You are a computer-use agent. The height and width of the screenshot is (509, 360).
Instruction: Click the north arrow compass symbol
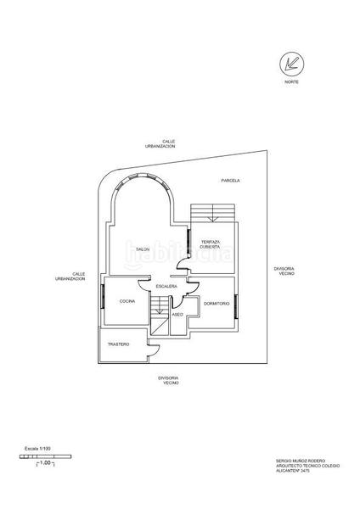tap(291, 63)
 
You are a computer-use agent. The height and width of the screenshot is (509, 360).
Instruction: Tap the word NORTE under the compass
tap(291, 82)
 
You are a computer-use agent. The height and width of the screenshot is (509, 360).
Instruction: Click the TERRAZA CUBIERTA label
tap(211, 244)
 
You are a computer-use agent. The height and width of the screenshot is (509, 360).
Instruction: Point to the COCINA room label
tap(127, 302)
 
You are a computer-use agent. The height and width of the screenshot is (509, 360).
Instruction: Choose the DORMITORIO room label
tap(217, 303)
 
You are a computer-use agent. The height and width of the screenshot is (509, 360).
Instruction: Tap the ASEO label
tap(177, 315)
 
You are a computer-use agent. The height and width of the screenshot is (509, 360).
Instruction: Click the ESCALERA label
tap(166, 287)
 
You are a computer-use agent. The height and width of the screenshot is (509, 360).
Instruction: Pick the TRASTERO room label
tap(118, 344)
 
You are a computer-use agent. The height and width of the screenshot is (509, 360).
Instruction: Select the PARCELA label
tap(230, 181)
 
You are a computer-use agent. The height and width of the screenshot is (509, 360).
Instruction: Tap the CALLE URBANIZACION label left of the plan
tap(72, 277)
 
